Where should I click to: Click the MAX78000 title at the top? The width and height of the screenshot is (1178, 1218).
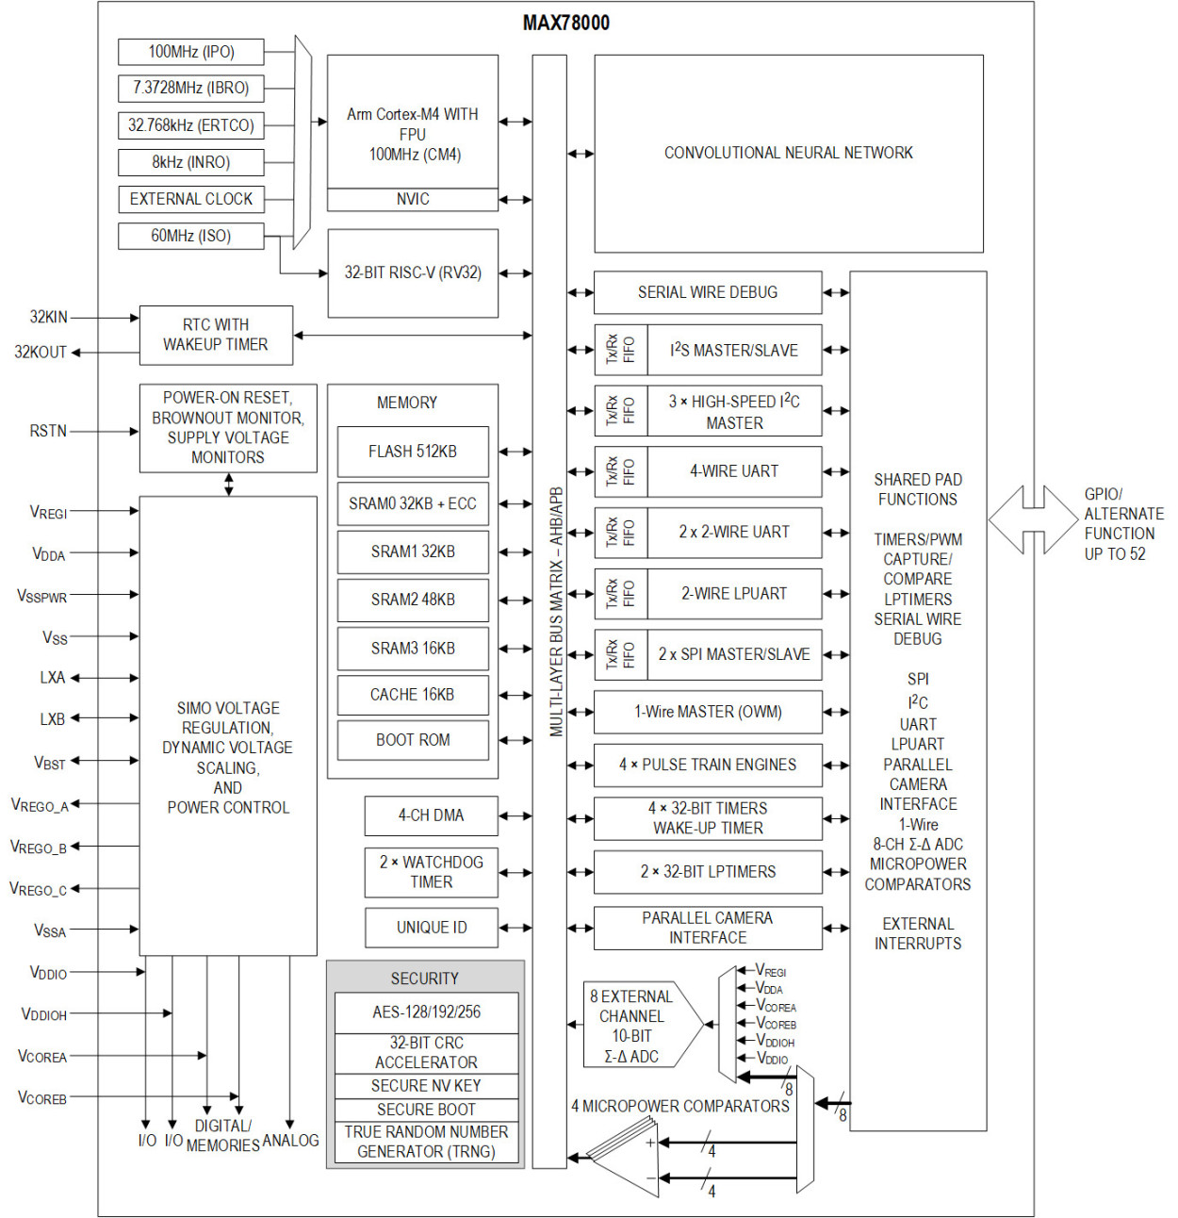pos(565,23)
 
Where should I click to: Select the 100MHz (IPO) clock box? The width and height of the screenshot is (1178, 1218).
pos(190,52)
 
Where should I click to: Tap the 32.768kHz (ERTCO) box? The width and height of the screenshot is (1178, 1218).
pos(190,125)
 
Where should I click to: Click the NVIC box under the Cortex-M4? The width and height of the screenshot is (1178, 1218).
pos(413,199)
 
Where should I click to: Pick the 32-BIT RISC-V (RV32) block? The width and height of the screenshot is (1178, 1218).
pos(413,272)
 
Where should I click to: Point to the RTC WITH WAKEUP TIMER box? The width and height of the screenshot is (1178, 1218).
pos(216,335)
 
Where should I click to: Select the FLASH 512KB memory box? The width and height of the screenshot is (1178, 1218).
pos(413,452)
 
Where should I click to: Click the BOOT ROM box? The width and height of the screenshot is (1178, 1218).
pos(413,740)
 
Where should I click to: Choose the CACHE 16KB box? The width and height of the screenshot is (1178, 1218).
pos(413,695)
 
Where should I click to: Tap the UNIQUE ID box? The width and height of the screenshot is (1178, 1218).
pos(431,928)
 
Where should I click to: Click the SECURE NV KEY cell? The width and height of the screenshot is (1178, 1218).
pos(426,1086)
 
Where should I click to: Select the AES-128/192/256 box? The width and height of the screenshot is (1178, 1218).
pos(426,1012)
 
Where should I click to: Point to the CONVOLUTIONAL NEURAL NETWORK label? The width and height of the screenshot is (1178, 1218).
pos(788,153)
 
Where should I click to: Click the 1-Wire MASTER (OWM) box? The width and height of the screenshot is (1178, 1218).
pos(708,712)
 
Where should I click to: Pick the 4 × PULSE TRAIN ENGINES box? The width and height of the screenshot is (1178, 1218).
pos(708,765)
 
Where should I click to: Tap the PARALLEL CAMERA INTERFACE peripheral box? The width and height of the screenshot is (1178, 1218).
pos(708,928)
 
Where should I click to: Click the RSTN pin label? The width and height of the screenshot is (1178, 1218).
pos(48,431)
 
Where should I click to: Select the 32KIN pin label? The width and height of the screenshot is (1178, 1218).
pos(48,318)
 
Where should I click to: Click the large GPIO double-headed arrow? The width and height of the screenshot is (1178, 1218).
pos(1033,519)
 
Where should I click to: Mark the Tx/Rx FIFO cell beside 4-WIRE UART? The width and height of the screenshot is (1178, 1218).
pos(620,471)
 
